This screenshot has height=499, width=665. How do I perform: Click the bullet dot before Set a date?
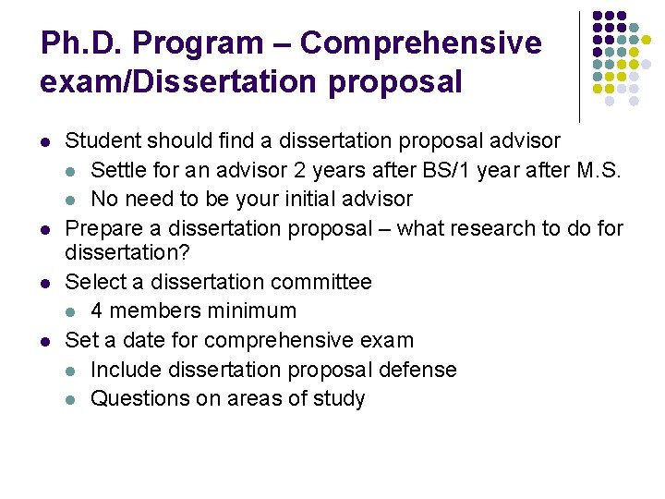[x=46, y=341]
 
